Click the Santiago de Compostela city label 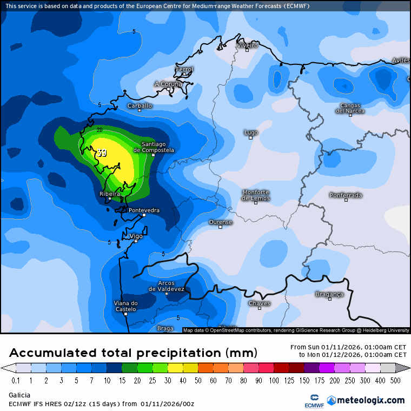(157, 147)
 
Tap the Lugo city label (250, 132)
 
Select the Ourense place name (221, 222)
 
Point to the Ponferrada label (346, 195)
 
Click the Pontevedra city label (144, 210)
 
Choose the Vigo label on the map (136, 236)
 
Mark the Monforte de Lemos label (256, 195)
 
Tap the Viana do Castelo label (125, 306)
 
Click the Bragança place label (329, 294)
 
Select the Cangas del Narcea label (350, 108)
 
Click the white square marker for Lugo (250, 137)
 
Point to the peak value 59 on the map (102, 153)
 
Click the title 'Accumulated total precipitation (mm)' (133, 353)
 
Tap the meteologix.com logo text (370, 401)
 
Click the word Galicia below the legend (19, 395)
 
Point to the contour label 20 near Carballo (100, 130)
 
